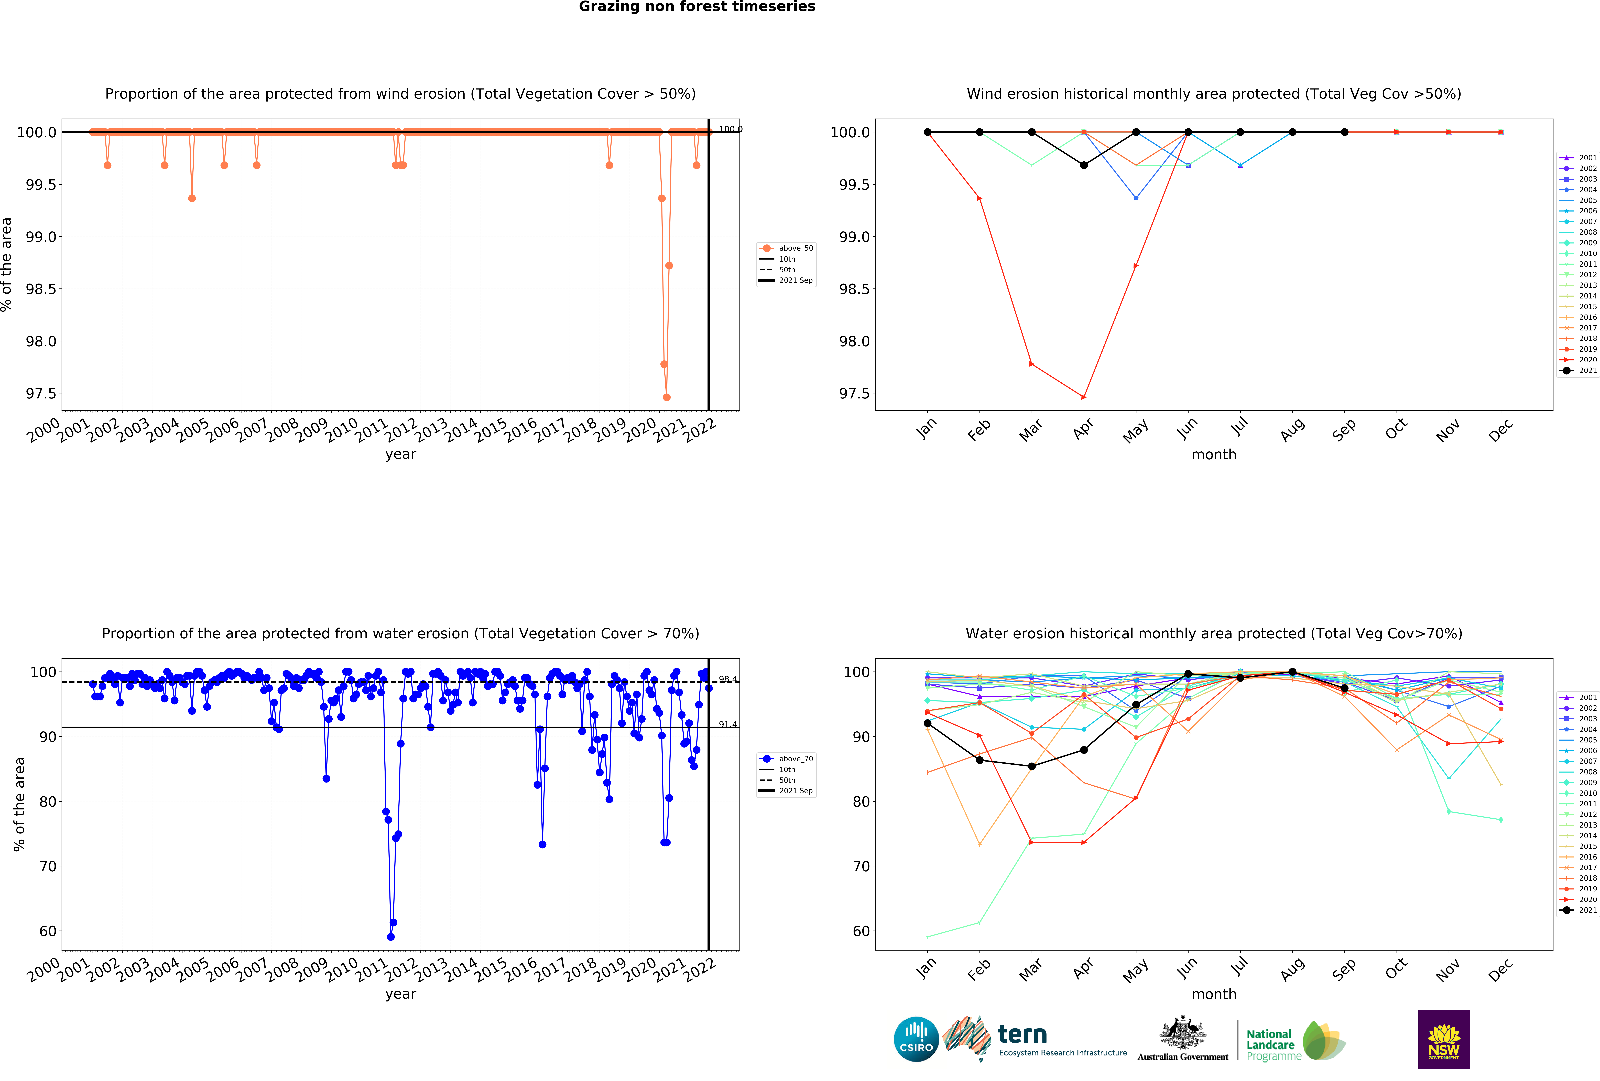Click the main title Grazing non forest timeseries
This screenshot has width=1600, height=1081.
coord(697,7)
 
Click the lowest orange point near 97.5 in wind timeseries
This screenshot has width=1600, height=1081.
coord(666,397)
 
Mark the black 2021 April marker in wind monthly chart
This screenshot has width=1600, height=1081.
coord(1084,165)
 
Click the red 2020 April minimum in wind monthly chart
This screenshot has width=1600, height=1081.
coord(1084,397)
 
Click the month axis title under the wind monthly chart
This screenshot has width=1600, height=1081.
coord(1214,455)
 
